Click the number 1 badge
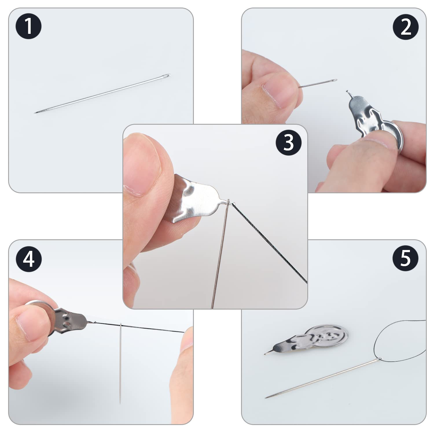tap(28, 26)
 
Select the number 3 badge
tap(288, 143)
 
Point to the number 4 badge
tap(29, 259)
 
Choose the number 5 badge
tap(406, 258)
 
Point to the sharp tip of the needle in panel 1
tap(35, 113)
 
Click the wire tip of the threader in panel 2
tap(347, 92)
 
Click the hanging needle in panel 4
tap(120, 363)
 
